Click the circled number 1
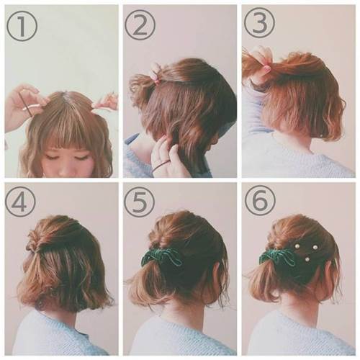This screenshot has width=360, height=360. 22,25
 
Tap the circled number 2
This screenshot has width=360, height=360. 140,24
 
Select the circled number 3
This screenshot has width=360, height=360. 259,23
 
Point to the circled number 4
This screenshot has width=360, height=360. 20,201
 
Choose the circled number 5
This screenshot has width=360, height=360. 140,202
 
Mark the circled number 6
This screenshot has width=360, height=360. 260,201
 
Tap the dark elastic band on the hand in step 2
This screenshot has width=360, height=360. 161,166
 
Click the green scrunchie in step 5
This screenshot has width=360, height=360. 160,258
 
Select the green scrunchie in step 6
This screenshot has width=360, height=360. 278,258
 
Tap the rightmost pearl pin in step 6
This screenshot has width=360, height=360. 315,247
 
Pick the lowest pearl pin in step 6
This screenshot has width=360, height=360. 307,259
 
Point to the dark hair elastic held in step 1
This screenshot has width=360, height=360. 27,106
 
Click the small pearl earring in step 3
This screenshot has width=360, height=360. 321,136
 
